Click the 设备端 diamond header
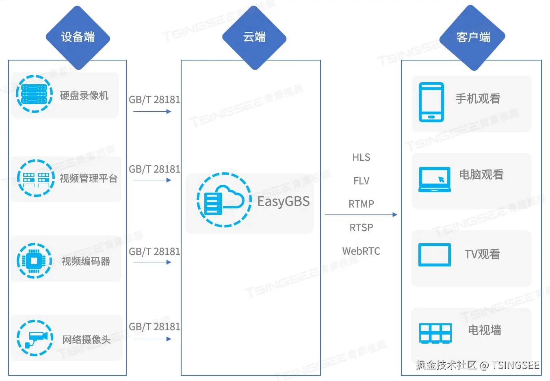[78, 37]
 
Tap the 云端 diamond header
[254, 37]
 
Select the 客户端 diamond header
[472, 37]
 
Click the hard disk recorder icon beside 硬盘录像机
[35, 94]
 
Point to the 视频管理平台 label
[89, 178]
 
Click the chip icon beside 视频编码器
[35, 261]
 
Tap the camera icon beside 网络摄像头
[35, 338]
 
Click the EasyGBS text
[284, 201]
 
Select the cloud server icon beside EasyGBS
[224, 200]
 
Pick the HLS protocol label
[361, 157]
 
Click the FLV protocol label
[361, 181]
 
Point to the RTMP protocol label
[361, 204]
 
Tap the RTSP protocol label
[361, 227]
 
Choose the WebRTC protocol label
[361, 251]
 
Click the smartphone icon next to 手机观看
[431, 102]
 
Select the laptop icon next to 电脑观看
[435, 180]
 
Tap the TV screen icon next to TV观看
[435, 255]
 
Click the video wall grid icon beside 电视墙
[435, 333]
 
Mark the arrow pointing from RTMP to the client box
[361, 215]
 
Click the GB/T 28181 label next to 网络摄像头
[154, 327]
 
